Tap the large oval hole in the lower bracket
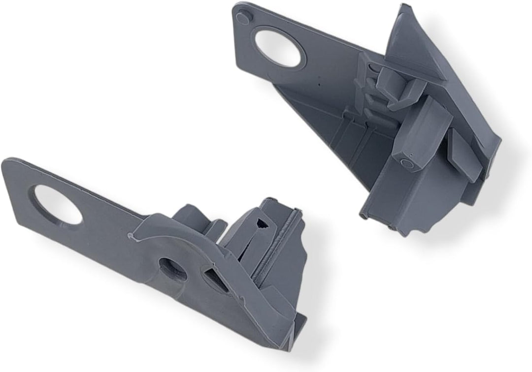[x=58, y=205]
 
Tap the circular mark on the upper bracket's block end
[x=407, y=163]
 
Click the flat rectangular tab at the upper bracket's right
[x=465, y=157]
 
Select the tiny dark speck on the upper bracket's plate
[x=319, y=84]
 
